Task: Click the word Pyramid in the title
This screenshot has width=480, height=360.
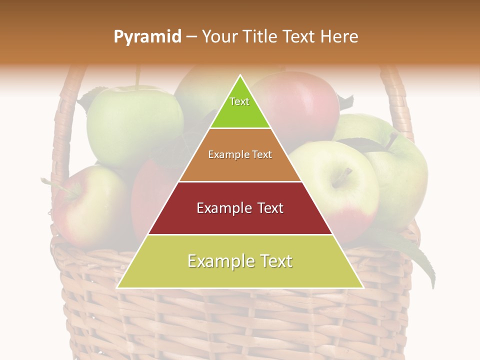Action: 147,37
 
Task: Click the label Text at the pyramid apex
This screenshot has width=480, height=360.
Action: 239,101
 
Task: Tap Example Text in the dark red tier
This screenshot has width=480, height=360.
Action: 240,208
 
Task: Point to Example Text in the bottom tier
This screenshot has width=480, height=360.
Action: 240,261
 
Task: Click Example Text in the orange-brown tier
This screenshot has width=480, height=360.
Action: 240,154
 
